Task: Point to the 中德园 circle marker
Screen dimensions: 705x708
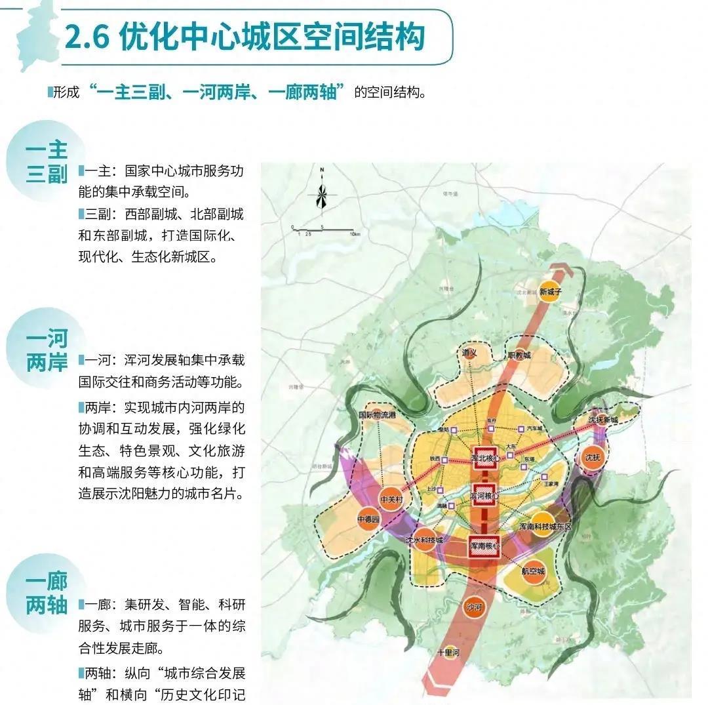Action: (368, 519)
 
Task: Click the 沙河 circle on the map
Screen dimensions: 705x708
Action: (473, 607)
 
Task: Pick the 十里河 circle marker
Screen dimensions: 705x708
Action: (450, 654)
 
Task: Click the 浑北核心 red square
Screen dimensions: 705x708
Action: (486, 456)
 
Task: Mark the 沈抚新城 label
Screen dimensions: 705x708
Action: (602, 420)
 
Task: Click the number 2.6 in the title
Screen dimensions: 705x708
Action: (88, 37)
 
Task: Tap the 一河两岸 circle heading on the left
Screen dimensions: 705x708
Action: (47, 351)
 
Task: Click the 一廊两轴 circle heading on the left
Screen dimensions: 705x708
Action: (47, 594)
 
